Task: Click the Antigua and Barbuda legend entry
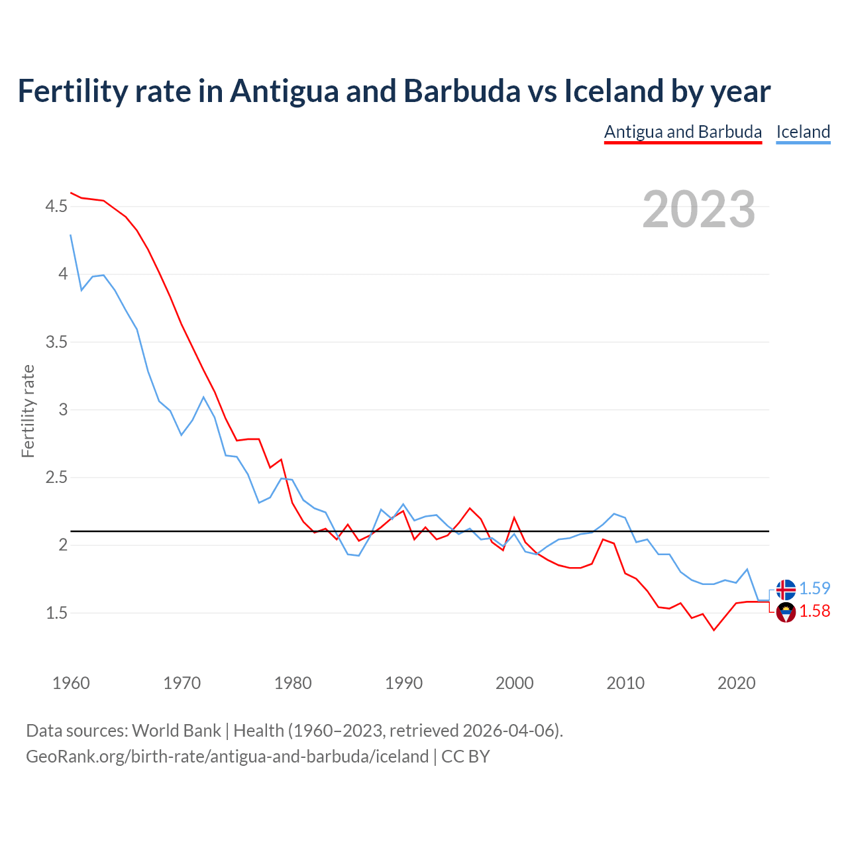click(x=683, y=132)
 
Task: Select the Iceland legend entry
click(x=803, y=132)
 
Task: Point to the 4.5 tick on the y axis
click(x=56, y=207)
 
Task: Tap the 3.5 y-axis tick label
click(x=56, y=343)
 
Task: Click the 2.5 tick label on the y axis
click(x=56, y=478)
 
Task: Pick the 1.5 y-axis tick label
click(x=56, y=613)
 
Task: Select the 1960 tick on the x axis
click(x=71, y=683)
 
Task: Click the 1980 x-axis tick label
click(x=293, y=683)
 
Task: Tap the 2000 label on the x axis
click(x=515, y=683)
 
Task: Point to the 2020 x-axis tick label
click(x=736, y=683)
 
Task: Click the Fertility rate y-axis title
click(x=28, y=411)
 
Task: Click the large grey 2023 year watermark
click(x=699, y=209)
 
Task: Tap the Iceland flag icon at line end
click(x=786, y=589)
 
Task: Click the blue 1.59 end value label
click(x=814, y=588)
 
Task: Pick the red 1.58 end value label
click(x=814, y=611)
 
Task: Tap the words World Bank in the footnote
click(x=176, y=731)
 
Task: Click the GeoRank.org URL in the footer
click(x=227, y=757)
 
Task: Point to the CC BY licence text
click(x=465, y=757)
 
